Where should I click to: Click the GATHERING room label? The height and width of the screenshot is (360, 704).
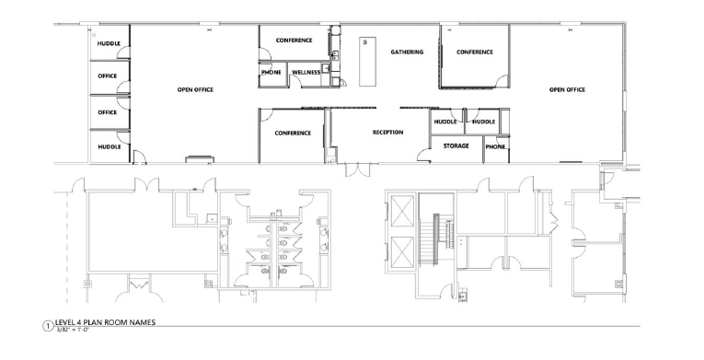coord(406,52)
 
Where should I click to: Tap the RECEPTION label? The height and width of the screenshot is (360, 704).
coord(387,133)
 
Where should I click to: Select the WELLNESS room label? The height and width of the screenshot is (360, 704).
coord(306,72)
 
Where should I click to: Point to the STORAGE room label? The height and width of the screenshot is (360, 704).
coord(456,146)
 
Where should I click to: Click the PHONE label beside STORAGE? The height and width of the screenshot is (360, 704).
coord(494,146)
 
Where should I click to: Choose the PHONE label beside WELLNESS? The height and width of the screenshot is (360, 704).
coord(271,72)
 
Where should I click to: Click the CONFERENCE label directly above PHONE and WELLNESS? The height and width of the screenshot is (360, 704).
coord(294,41)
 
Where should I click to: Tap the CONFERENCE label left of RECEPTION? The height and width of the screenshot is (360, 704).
coord(293,133)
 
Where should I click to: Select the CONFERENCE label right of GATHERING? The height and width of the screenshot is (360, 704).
coord(475,52)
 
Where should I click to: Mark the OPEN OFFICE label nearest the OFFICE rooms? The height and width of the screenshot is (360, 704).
coord(195,90)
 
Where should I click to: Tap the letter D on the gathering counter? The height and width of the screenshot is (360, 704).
coord(364,43)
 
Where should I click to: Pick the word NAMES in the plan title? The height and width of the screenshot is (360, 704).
coord(139,321)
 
